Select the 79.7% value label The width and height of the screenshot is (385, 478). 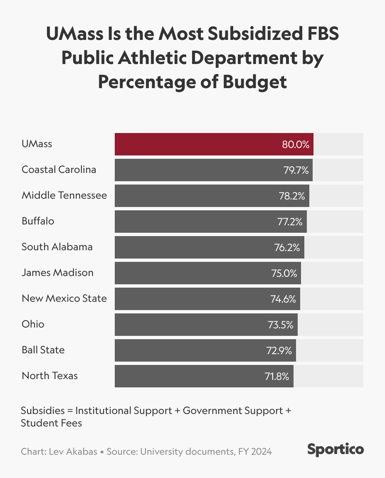pyautogui.click(x=296, y=170)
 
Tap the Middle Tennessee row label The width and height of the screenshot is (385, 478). pyautogui.click(x=64, y=195)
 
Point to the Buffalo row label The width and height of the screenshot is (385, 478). pyautogui.click(x=38, y=221)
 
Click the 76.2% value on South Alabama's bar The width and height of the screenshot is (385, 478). pyautogui.click(x=287, y=247)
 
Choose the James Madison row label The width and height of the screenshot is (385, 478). pyautogui.click(x=57, y=273)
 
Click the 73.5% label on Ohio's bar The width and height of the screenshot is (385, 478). pyautogui.click(x=280, y=325)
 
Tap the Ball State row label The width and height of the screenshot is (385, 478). pyautogui.click(x=43, y=350)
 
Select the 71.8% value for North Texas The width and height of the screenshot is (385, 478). pyautogui.click(x=277, y=376)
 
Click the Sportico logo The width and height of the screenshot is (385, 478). pyautogui.click(x=336, y=449)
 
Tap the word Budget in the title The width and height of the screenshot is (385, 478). pyautogui.click(x=255, y=82)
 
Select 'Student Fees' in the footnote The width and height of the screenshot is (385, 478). pyautogui.click(x=52, y=423)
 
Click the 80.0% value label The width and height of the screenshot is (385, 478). pyautogui.click(x=296, y=144)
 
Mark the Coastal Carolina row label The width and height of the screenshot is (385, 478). pyautogui.click(x=59, y=170)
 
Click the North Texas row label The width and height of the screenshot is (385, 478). pyautogui.click(x=49, y=376)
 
